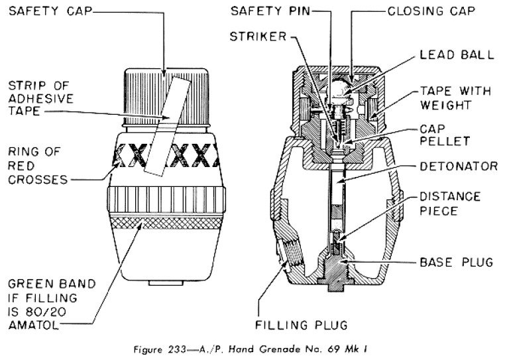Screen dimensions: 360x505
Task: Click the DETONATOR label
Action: [457, 166]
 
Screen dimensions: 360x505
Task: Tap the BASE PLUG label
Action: [457, 261]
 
